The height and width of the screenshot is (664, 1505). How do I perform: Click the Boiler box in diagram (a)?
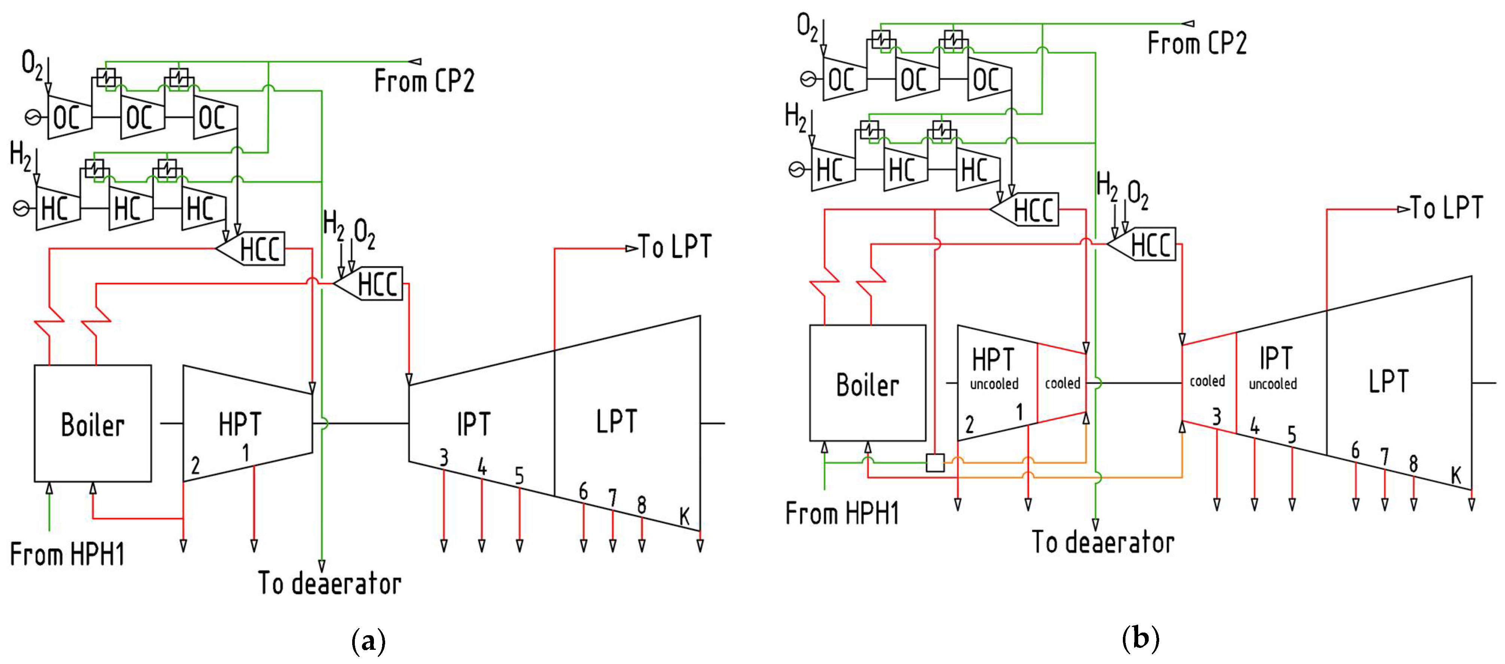tap(93, 423)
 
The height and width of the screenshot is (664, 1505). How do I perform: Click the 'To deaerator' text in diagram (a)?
tap(329, 583)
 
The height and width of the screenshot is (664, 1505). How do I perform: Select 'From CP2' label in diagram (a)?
tap(424, 81)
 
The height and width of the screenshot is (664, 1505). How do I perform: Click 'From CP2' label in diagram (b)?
tap(1197, 43)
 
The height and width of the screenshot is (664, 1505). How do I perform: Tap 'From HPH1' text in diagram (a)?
tap(67, 554)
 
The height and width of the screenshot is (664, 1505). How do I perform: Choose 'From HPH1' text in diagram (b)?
tap(841, 513)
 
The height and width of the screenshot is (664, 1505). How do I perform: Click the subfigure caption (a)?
tap(369, 641)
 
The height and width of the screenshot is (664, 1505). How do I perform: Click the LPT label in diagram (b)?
tap(1389, 381)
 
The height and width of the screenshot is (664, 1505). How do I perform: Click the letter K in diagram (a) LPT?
tap(685, 516)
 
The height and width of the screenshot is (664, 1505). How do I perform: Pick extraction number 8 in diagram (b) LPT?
tap(1413, 463)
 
